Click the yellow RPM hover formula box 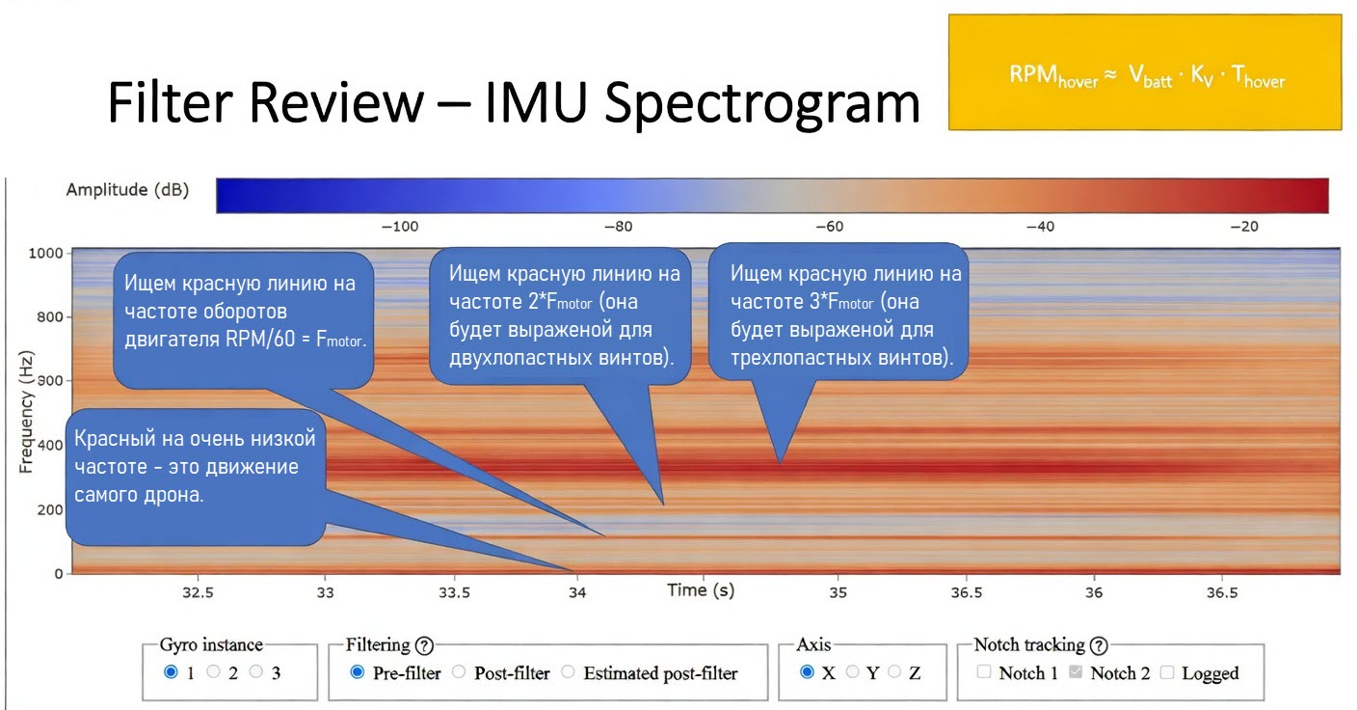point(1145,72)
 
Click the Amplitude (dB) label point(127,190)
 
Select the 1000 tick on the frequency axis point(46,253)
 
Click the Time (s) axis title point(701,590)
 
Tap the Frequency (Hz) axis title point(26,413)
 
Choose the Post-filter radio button point(459,672)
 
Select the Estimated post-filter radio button point(569,672)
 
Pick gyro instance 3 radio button point(256,672)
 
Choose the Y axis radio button point(852,672)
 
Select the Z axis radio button point(894,672)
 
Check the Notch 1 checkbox point(984,672)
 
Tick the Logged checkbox point(1166,672)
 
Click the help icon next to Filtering point(424,645)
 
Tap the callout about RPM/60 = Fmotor point(243,318)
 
